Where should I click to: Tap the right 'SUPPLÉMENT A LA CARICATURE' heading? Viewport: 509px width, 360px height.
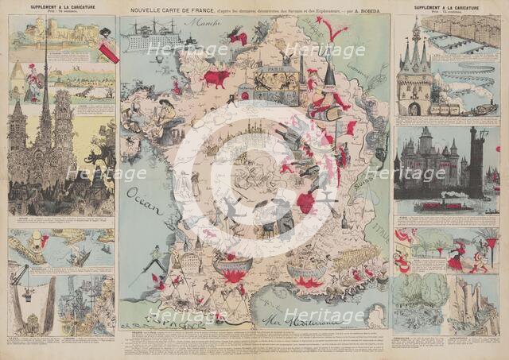[x=445, y=7]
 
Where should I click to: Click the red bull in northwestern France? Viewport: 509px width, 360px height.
[x=216, y=78]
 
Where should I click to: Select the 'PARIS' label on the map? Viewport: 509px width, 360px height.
[x=274, y=70]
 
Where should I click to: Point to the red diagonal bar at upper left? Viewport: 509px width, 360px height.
[x=107, y=48]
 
